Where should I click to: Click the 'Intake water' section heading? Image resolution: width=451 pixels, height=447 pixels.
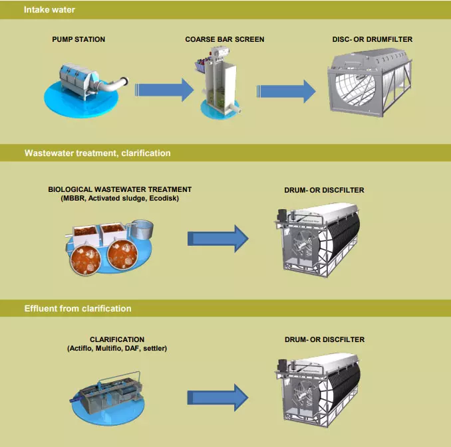click(x=49, y=10)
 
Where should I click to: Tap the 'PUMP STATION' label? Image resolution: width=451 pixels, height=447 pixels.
click(x=78, y=39)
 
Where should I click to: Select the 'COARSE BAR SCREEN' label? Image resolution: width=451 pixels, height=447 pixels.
click(x=225, y=39)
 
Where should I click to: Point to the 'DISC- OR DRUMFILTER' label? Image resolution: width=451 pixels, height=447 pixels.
click(x=373, y=39)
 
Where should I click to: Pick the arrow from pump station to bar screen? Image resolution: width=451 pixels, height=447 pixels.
click(x=164, y=90)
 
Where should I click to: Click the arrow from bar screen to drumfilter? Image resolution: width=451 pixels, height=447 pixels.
click(x=286, y=92)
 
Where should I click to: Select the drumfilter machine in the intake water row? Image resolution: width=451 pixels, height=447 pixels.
click(x=370, y=82)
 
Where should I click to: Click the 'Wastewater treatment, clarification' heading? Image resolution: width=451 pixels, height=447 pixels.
click(x=98, y=153)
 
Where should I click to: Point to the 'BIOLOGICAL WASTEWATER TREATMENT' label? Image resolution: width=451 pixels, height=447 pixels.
click(x=120, y=189)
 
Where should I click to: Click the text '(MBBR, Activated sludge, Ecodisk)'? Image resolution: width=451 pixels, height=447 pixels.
click(x=120, y=198)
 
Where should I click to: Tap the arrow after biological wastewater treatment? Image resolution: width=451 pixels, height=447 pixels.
click(x=218, y=238)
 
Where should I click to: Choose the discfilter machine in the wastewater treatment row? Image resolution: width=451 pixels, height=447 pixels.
click(x=317, y=240)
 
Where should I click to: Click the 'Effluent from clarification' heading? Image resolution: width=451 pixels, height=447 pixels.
click(x=78, y=309)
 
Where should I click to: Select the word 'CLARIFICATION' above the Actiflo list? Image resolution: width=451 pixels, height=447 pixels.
click(x=117, y=339)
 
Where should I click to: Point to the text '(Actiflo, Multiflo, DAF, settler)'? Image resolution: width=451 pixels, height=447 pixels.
click(x=117, y=349)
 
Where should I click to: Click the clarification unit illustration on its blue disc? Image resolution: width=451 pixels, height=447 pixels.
click(x=108, y=398)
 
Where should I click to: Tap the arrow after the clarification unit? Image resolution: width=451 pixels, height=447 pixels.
click(x=218, y=398)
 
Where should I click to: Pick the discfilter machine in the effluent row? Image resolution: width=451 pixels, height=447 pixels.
click(x=317, y=390)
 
